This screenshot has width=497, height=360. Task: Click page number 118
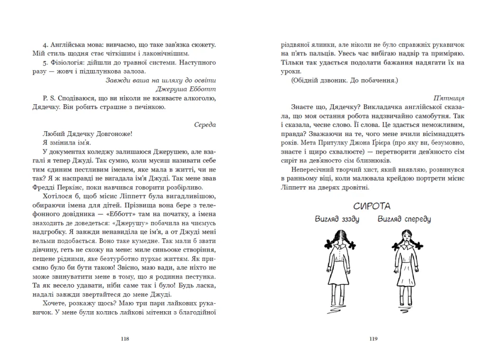[125, 339]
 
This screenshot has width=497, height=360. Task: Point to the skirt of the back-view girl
[339, 277]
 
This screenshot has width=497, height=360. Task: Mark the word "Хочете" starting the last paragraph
[55, 304]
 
